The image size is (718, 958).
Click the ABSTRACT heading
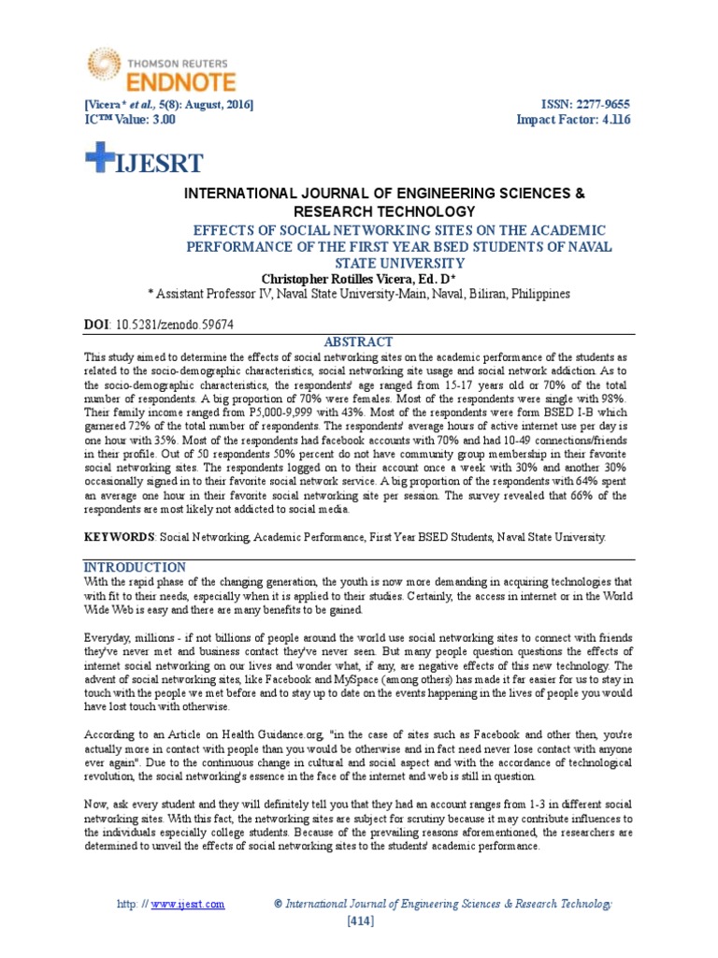click(358, 341)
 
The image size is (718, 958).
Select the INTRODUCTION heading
click(136, 568)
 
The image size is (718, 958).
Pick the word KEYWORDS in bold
click(119, 538)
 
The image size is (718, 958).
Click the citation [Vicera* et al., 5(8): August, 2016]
click(168, 104)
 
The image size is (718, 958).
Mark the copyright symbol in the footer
click(278, 904)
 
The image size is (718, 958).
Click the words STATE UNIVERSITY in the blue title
click(358, 262)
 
